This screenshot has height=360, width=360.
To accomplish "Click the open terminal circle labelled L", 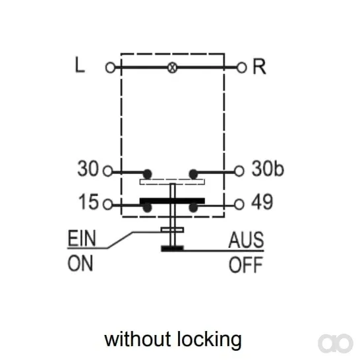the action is (110, 68).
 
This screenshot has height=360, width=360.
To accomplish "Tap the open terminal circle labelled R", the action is (241, 68).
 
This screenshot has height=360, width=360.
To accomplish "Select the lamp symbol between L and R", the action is (172, 68).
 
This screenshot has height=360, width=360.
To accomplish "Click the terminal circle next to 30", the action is (107, 171).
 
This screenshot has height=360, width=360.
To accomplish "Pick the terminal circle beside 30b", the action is (239, 171).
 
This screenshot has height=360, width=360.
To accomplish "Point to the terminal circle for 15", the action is (107, 204).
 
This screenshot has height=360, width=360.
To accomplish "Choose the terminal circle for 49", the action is (239, 204).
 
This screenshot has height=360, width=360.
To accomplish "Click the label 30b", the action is (268, 169).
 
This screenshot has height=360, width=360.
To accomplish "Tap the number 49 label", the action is (262, 202).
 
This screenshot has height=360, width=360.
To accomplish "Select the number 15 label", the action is (88, 202).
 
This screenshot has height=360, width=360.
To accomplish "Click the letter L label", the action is (80, 65).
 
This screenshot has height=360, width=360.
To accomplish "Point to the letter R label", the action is (259, 67).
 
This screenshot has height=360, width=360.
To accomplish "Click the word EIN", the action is (82, 239).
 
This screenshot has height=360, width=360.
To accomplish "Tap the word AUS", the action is (246, 240).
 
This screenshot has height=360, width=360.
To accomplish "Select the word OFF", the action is (246, 264).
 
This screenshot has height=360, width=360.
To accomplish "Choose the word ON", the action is (80, 263).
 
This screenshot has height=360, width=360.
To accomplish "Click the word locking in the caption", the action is (210, 340).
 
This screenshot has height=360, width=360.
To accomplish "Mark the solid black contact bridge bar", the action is (172, 200).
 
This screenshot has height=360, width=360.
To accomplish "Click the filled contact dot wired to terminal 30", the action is (148, 175).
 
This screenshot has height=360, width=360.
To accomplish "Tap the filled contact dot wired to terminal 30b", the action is (193, 175).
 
